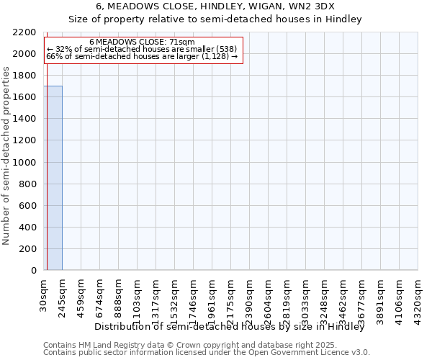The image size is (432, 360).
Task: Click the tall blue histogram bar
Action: pos(53,178)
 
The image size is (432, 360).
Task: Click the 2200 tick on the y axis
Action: pos(27,32)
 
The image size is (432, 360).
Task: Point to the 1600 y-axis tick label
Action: pos(27,97)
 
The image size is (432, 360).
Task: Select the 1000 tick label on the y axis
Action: pos(27,163)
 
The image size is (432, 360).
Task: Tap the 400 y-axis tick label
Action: pos(30,228)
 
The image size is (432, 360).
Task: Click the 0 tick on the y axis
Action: pos(35,271)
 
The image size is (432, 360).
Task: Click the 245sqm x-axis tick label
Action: pos(63,295)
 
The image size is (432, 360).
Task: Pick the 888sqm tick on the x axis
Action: pos(119,295)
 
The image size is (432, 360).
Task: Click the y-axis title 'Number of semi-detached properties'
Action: pos(6,156)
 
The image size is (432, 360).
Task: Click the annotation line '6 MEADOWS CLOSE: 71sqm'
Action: pos(142,42)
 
